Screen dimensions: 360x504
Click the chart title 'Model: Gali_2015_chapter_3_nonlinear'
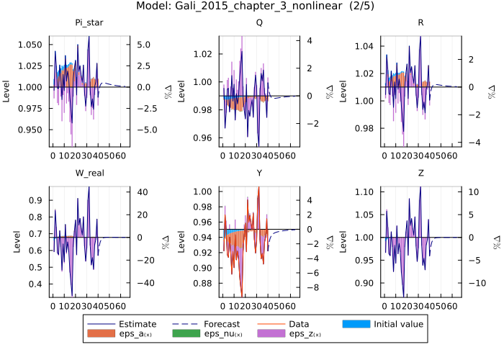pyautogui.click(x=251, y=6)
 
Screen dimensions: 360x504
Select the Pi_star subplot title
pyautogui.click(x=89, y=23)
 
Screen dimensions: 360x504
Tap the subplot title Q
pyautogui.click(x=258, y=23)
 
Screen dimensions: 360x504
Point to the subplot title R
pyautogui.click(x=420, y=23)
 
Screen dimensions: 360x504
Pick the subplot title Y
pyautogui.click(x=258, y=174)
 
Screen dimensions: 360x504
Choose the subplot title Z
pyautogui.click(x=420, y=174)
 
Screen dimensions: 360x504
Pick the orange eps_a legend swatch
pyautogui.click(x=102, y=335)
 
